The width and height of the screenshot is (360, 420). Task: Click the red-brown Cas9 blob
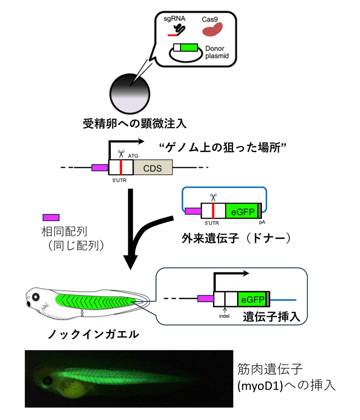tap(211, 30)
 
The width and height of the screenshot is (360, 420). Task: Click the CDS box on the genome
tap(152, 168)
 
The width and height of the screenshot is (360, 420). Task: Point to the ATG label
tap(133, 155)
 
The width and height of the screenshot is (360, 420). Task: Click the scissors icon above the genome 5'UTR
tap(120, 153)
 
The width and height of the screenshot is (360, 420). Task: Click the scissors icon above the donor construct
tap(213, 196)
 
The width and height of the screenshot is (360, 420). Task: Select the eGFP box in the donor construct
tap(241, 211)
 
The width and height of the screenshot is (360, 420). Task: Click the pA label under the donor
tap(261, 222)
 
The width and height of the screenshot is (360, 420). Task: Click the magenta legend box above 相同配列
tap(51, 217)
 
